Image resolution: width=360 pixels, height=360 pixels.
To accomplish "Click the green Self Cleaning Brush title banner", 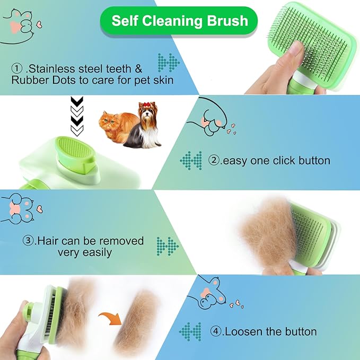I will tap(180, 21).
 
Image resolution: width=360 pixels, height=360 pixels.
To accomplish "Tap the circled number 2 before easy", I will tap(214, 160).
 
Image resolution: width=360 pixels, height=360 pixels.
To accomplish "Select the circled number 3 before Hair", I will tap(29, 241).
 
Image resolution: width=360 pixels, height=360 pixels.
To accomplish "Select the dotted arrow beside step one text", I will tap(169, 63).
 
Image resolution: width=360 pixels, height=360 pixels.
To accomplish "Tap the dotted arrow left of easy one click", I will tap(191, 160).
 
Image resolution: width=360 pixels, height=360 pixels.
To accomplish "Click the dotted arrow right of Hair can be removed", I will tap(168, 245).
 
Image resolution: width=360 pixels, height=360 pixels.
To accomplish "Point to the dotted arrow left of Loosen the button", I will tap(191, 331).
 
